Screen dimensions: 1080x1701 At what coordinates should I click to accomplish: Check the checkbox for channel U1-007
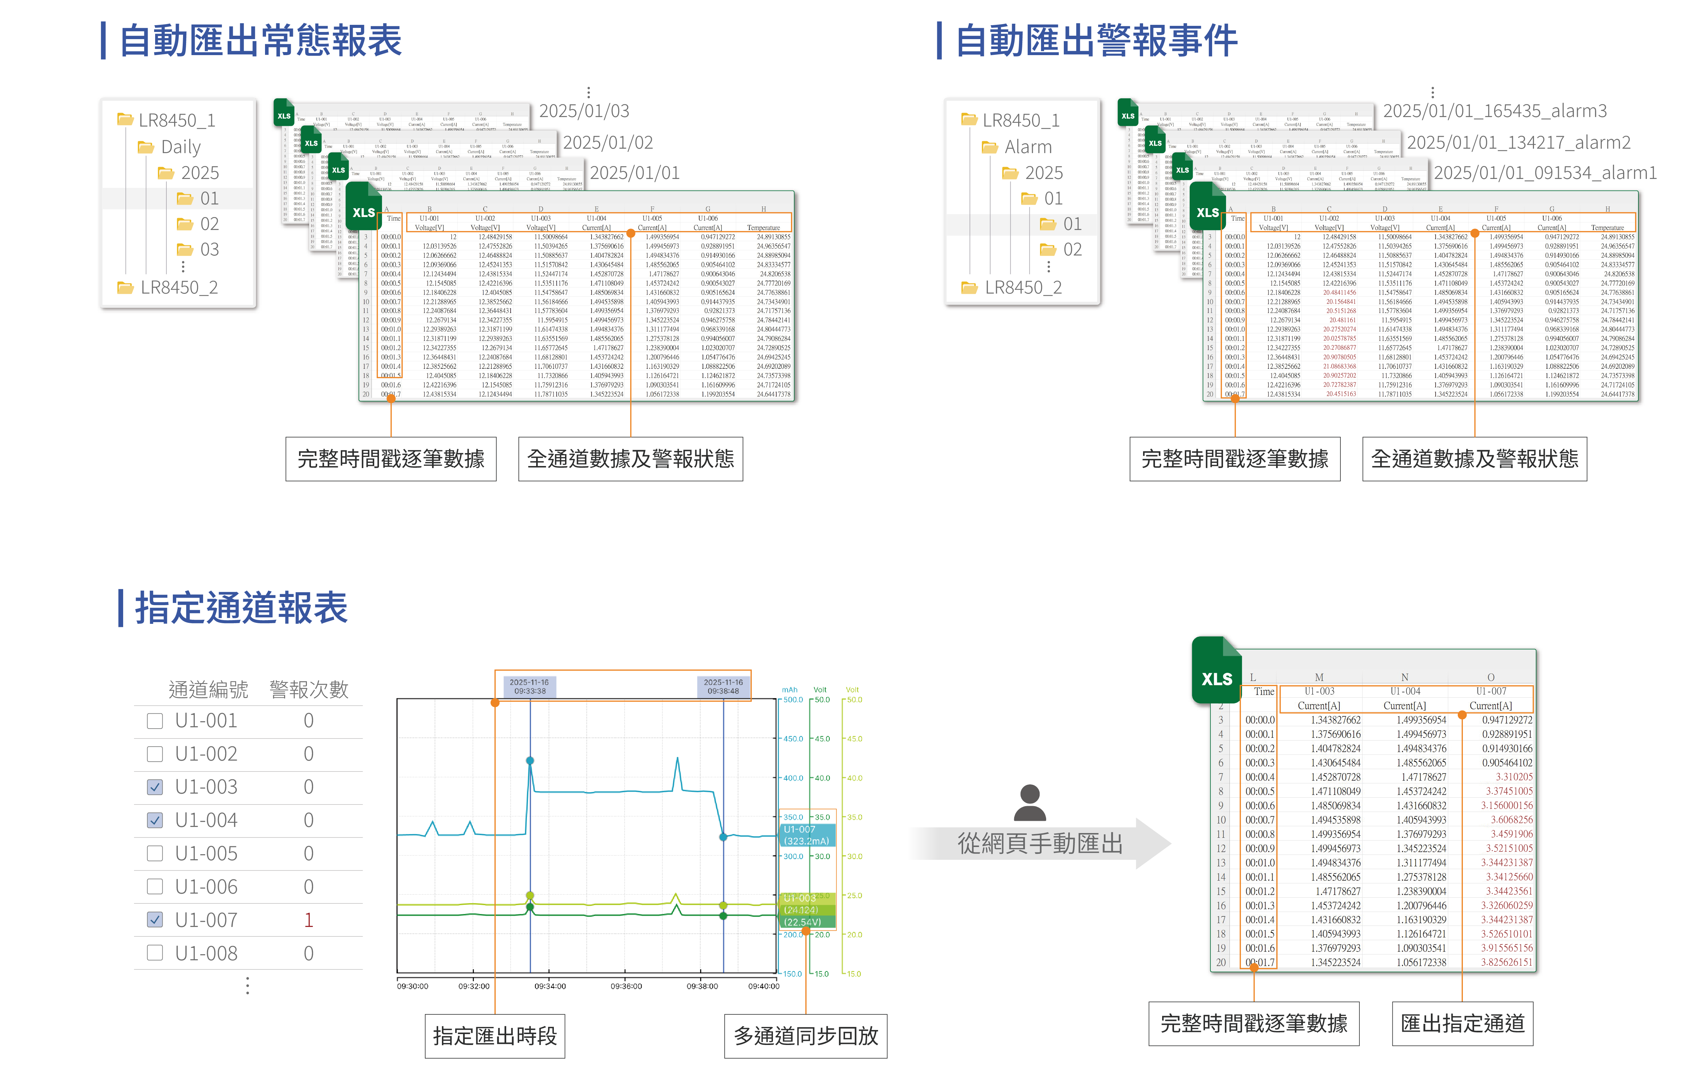click(x=155, y=920)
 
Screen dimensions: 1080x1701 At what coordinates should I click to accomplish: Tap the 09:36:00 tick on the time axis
click(x=626, y=986)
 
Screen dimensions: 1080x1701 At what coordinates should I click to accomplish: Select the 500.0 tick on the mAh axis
click(x=793, y=700)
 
